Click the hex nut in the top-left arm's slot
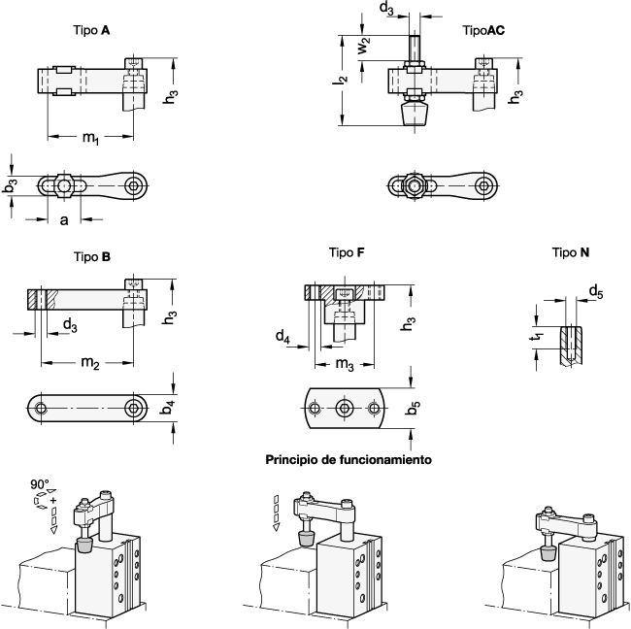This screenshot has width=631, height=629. [63, 184]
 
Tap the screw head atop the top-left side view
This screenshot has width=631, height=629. [134, 64]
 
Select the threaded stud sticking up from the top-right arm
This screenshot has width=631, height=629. [415, 49]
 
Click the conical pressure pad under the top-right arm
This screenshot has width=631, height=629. [415, 114]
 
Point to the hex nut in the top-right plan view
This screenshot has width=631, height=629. [415, 185]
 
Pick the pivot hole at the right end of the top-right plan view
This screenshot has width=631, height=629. [483, 185]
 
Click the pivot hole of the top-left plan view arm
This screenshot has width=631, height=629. [133, 184]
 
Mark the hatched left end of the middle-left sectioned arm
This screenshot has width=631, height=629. [43, 300]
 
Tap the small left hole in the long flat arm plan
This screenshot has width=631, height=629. [41, 409]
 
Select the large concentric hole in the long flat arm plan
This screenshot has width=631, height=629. [133, 409]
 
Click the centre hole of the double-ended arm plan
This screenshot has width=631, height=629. [344, 409]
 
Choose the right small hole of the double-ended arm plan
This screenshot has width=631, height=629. [374, 409]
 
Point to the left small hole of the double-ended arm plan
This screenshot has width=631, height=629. [315, 409]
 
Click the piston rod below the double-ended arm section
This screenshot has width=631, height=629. [344, 331]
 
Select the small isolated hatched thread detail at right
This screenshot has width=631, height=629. [571, 345]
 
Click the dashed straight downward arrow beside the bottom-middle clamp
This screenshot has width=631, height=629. [276, 512]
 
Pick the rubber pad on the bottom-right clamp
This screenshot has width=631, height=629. [548, 551]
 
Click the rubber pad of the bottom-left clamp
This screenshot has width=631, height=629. [84, 546]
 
